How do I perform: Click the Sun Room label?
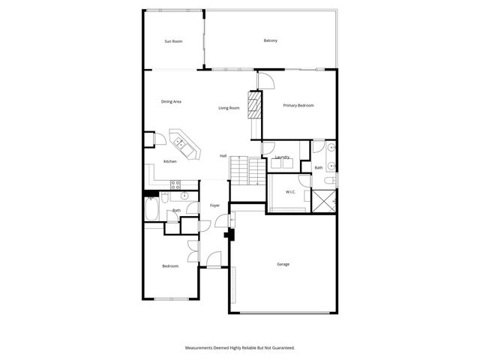173,41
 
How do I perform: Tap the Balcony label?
271,40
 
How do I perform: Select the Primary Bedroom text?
298,106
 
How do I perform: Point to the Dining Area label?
171,101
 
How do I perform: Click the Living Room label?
229,108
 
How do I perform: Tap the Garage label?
283,264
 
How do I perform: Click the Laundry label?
282,157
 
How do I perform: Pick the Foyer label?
214,205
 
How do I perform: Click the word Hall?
223,155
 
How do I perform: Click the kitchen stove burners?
175,184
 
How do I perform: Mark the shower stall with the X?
323,202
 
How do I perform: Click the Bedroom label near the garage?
170,266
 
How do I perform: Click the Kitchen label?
170,162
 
